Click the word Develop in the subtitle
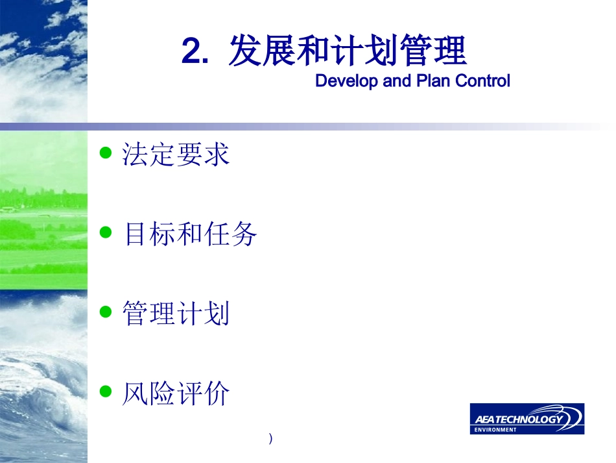(346, 81)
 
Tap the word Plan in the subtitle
(433, 81)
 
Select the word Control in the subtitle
(482, 81)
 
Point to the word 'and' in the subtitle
(396, 81)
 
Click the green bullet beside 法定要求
(106, 153)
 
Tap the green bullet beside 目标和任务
(106, 232)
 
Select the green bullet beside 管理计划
(106, 312)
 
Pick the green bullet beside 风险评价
(106, 391)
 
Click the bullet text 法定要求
(176, 154)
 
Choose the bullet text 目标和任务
(190, 234)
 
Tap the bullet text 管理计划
(176, 313)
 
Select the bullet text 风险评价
(176, 393)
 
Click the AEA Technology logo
(527, 419)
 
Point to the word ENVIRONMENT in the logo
(495, 430)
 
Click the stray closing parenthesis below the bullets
(270, 438)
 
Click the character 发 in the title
(245, 51)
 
